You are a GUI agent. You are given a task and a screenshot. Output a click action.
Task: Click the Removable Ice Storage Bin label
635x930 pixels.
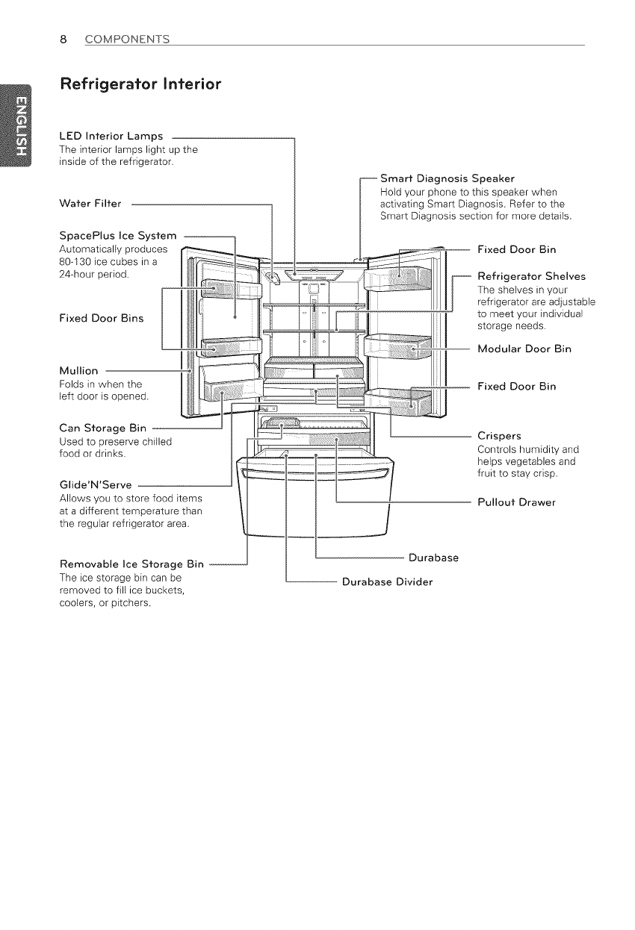(x=130, y=563)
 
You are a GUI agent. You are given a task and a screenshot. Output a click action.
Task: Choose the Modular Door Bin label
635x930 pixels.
(x=524, y=349)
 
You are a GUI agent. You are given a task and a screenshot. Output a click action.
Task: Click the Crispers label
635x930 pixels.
(x=499, y=435)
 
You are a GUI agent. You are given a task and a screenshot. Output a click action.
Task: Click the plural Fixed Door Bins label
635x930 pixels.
(x=101, y=318)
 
